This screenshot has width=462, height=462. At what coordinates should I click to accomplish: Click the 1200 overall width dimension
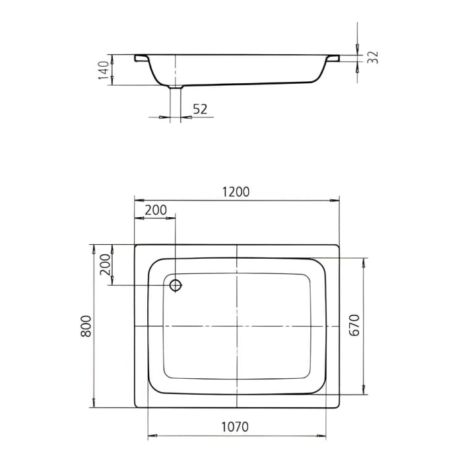pyautogui.click(x=236, y=192)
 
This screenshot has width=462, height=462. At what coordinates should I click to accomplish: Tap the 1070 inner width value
pyautogui.click(x=235, y=427)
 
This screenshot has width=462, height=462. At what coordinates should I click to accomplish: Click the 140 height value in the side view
pyautogui.click(x=103, y=69)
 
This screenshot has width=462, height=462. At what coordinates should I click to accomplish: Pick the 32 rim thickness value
pyautogui.click(x=373, y=57)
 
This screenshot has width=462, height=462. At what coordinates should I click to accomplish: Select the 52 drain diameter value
pyautogui.click(x=199, y=109)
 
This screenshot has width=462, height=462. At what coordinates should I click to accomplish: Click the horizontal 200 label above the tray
pyautogui.click(x=155, y=211)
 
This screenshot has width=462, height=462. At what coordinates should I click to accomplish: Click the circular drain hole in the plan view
pyautogui.click(x=176, y=285)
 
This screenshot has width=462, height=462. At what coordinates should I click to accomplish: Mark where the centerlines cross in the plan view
pyautogui.click(x=236, y=326)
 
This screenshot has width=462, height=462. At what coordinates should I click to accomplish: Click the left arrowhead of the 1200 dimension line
pyautogui.click(x=137, y=200)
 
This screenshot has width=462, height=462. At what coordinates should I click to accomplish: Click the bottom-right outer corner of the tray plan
pyautogui.click(x=339, y=408)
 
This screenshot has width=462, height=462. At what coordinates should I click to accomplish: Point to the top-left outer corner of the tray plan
pyautogui.click(x=135, y=245)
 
